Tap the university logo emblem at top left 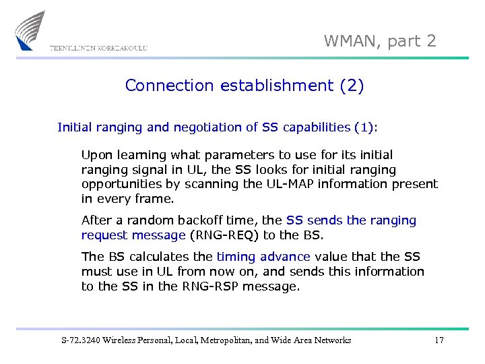[31, 30]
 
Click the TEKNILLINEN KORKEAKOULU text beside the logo [98, 48]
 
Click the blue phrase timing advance [263, 257]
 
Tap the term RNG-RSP [203, 286]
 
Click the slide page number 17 [439, 340]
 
